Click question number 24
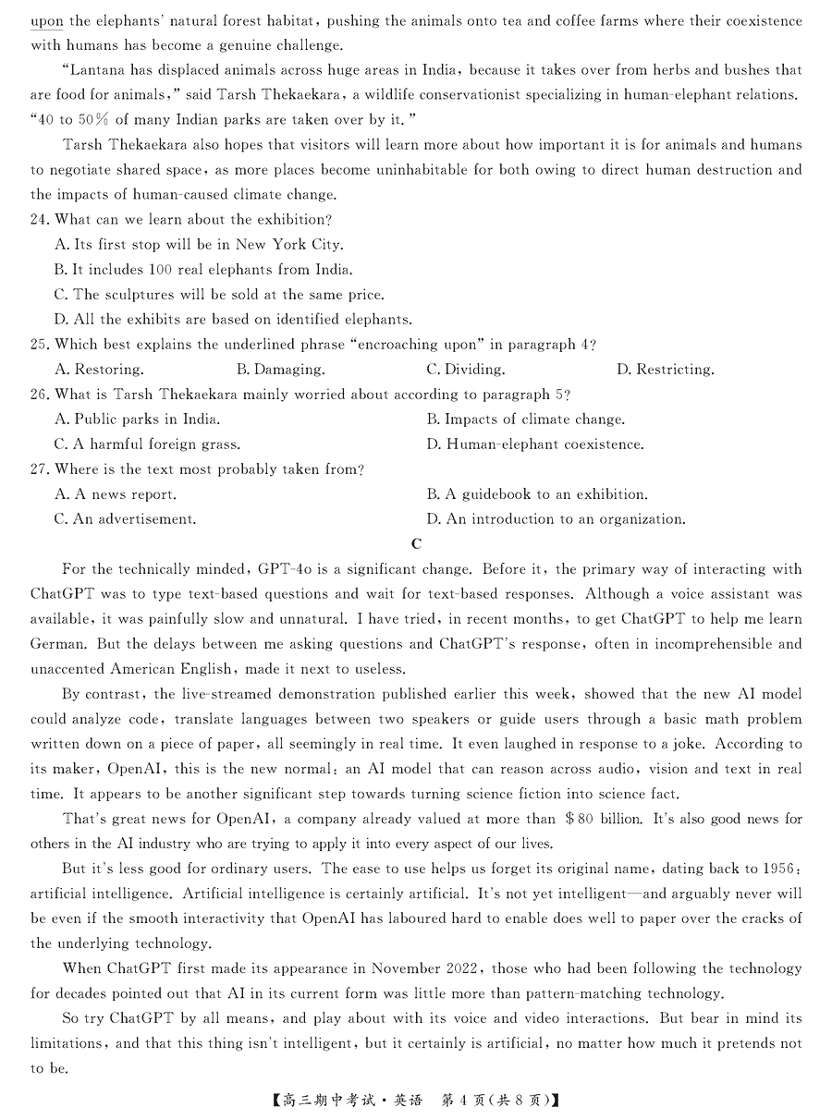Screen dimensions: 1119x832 point(40,220)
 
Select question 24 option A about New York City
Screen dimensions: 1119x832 point(199,245)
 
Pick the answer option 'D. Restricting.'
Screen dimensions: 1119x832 point(665,370)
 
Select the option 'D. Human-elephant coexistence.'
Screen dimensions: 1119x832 point(535,444)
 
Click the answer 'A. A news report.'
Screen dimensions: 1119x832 point(116,494)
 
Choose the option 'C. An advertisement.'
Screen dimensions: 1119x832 point(125,519)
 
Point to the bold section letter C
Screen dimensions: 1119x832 point(416,544)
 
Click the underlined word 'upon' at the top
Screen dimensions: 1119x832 point(47,19)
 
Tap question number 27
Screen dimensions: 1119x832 point(40,469)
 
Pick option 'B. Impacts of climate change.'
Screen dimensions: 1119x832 point(525,420)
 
